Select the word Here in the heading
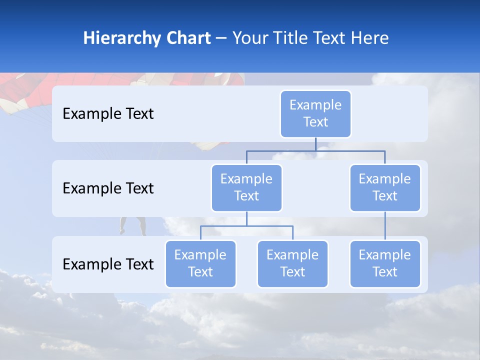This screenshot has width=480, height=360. pos(370,38)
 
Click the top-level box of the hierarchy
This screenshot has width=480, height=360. pos(315,114)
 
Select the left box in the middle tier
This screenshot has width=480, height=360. pos(246,188)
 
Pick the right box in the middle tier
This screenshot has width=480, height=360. pos(385,188)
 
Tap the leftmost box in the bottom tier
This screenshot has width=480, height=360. pos(200,264)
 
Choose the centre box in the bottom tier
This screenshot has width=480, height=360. pos(292,264)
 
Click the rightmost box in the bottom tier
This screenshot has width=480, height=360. pos(385,264)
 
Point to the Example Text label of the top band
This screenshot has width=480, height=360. pos(108,114)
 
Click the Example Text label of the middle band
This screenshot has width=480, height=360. pos(108,188)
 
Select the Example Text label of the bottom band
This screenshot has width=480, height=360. pos(108,264)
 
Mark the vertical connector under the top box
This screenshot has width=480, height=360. pos(315,144)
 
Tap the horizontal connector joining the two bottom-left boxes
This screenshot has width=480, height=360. pos(246,226)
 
